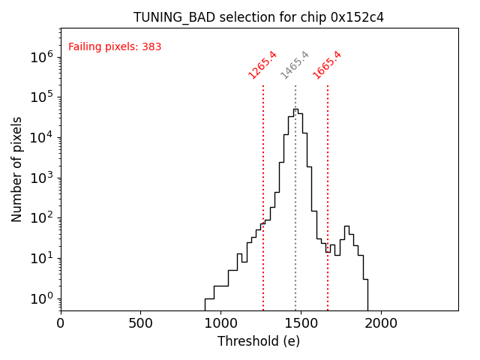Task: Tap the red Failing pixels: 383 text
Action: coord(115,47)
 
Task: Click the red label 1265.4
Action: coord(262,65)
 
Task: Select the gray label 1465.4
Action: coord(295,65)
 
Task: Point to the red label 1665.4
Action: coord(327,65)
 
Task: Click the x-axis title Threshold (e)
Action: coord(259,341)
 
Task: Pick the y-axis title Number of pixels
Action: coord(17,169)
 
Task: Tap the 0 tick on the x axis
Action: coord(61,324)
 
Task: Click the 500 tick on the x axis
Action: coord(141,324)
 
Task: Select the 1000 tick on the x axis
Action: coord(220,324)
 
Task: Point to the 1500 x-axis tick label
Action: coord(301,324)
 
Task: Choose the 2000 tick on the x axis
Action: coord(381,324)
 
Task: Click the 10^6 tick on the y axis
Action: coord(41,56)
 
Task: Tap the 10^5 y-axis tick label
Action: coord(41,97)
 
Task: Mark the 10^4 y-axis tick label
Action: coord(41,137)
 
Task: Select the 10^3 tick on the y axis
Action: coord(41,178)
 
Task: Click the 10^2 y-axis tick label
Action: coord(41,218)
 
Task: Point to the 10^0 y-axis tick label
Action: coord(41,299)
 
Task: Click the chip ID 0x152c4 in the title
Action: coord(357,17)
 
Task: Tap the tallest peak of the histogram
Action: coord(295,109)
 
